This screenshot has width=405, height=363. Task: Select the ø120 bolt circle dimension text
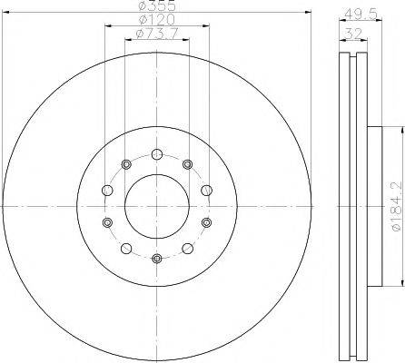point(157,20)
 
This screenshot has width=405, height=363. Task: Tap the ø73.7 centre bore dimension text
point(157,34)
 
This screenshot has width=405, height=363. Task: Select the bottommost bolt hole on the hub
point(157,260)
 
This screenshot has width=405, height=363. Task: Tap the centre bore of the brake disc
point(157,207)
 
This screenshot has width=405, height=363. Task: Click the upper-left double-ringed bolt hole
point(126,164)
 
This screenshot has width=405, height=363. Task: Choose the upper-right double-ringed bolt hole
point(188,164)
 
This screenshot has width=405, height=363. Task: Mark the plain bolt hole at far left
point(106,191)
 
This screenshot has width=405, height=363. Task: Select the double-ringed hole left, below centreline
point(107,223)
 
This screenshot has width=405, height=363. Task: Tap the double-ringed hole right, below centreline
point(207,223)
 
